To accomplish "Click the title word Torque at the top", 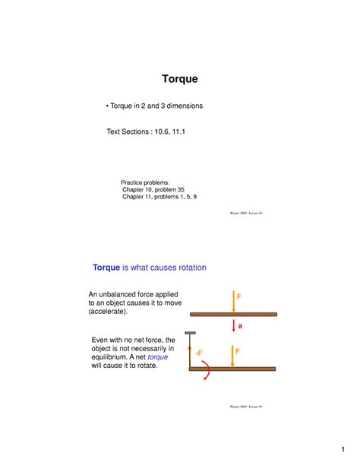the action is (x=180, y=78).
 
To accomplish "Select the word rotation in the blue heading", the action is (x=185, y=268).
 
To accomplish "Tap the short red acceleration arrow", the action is (x=233, y=325).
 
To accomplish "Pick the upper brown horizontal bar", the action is (x=232, y=314).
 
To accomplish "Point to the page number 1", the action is (x=343, y=446).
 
